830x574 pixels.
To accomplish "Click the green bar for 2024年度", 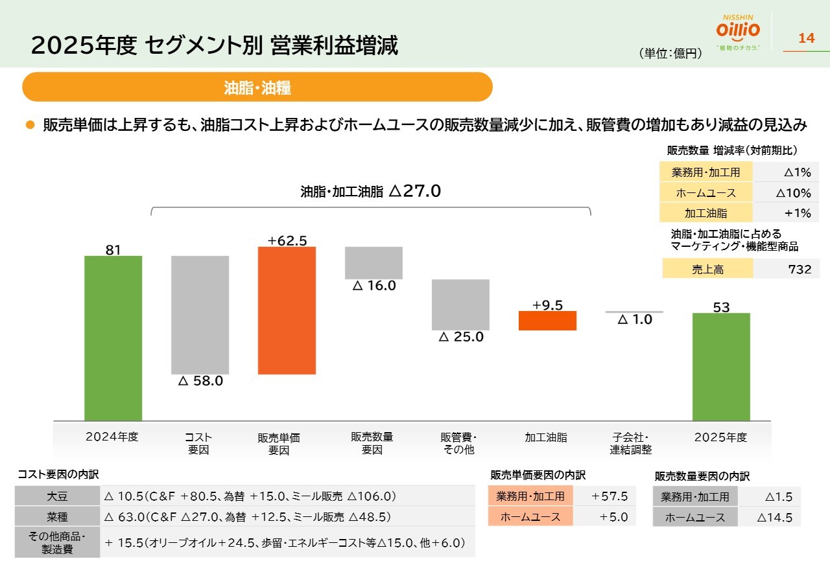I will click(x=113, y=338).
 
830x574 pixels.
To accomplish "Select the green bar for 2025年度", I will click(x=721, y=367).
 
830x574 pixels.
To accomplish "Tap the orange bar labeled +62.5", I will click(x=287, y=310).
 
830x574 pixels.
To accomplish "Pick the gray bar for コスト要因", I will click(x=200, y=315).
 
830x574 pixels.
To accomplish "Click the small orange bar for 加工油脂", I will click(x=547, y=321).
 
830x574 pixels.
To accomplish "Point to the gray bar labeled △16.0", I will click(x=373, y=262).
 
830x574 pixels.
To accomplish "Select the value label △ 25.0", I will click(x=461, y=338).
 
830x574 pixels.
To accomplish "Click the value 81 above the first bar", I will click(x=113, y=249).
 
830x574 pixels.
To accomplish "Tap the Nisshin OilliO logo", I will click(x=738, y=31).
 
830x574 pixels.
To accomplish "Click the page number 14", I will click(x=806, y=39).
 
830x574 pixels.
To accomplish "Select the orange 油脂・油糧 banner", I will click(x=257, y=87).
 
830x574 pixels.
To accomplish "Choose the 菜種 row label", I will click(x=58, y=517).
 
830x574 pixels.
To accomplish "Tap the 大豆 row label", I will click(x=58, y=496).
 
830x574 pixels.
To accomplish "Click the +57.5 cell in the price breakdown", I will click(x=609, y=496).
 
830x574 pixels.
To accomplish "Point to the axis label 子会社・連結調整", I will click(x=630, y=443).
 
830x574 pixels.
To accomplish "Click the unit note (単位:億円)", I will click(x=670, y=54).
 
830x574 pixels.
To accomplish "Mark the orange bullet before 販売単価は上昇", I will click(x=29, y=124).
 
